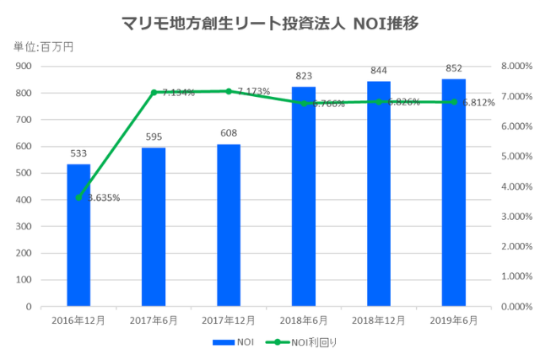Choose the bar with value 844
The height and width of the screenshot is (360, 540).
click(x=378, y=194)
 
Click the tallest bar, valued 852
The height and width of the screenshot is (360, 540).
click(x=453, y=193)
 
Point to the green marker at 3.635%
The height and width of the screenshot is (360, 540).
click(x=78, y=197)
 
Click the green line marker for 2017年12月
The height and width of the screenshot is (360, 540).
click(x=228, y=91)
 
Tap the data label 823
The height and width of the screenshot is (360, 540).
click(x=303, y=76)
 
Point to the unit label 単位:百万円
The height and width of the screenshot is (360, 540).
click(x=43, y=46)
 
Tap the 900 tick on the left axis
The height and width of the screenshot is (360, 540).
click(x=24, y=67)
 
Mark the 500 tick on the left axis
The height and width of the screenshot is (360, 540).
click(x=24, y=174)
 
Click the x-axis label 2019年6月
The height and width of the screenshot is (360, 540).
click(x=453, y=320)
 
